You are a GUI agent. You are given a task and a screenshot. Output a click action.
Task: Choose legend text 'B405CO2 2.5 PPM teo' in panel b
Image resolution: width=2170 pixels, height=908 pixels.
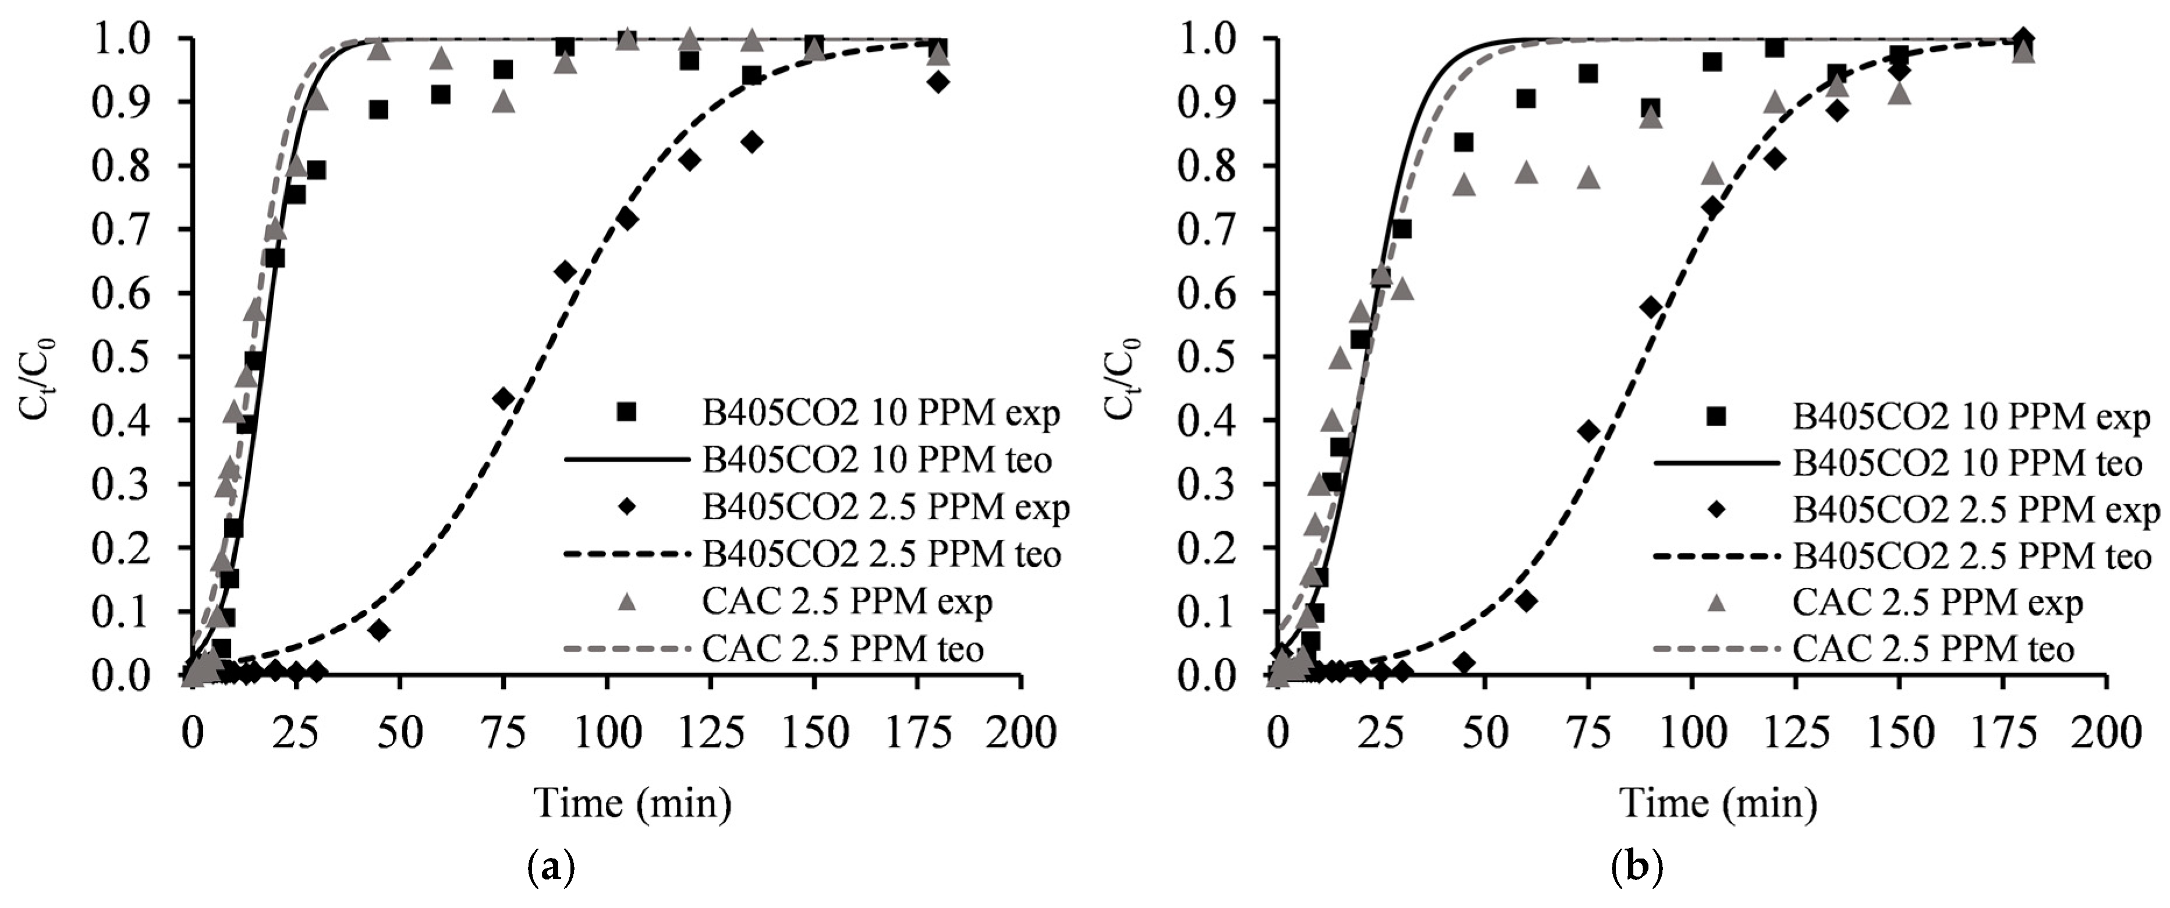[1972, 556]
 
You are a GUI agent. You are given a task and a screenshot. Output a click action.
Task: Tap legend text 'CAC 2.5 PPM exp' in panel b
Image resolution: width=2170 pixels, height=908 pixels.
[1938, 603]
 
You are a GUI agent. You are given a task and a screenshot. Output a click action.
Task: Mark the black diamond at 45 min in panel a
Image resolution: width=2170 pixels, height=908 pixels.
[379, 630]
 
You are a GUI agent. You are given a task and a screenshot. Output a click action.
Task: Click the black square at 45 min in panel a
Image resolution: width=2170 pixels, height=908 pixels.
[379, 109]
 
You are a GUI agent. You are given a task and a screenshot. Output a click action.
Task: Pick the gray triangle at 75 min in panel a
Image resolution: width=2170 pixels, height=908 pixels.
[504, 102]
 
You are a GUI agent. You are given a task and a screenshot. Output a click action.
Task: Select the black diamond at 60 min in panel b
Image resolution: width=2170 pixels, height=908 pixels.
[1526, 601]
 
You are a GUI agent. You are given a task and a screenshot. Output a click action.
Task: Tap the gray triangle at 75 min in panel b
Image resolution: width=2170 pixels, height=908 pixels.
[1588, 178]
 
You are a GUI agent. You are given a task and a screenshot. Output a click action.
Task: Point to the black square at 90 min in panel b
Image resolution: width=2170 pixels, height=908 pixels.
[1650, 109]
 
